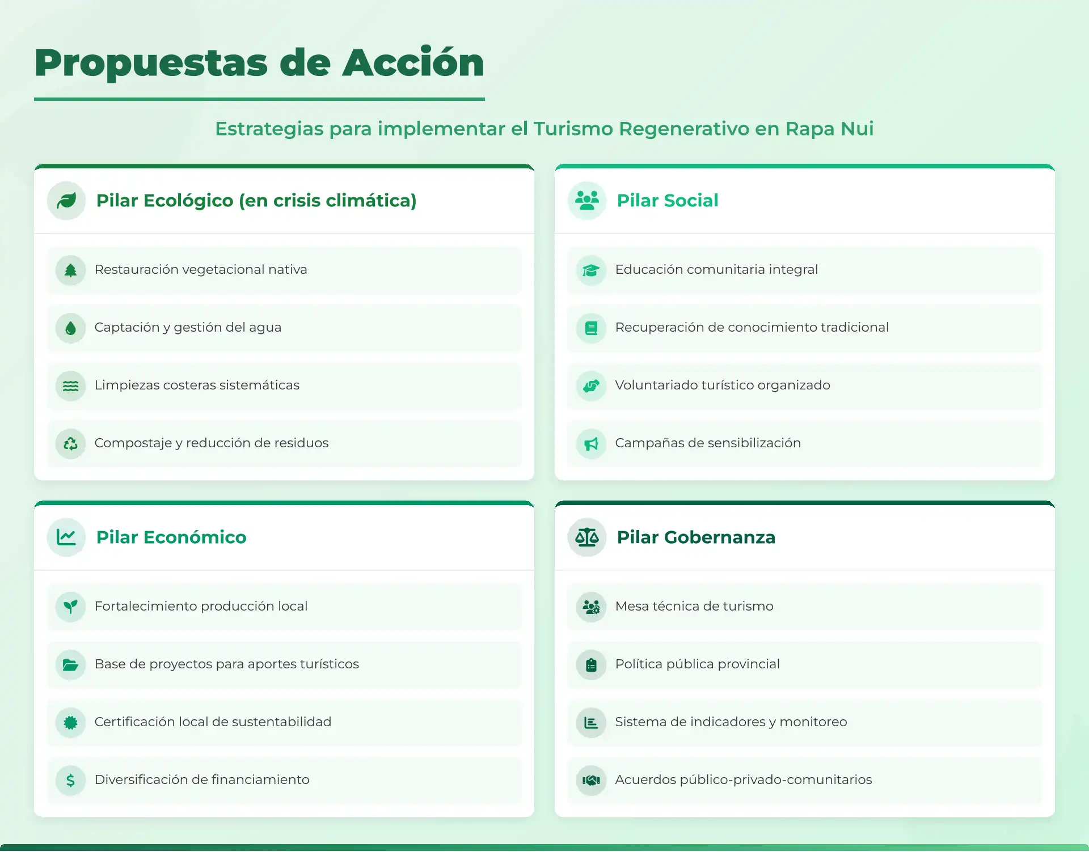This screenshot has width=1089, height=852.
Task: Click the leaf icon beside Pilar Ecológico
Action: click(66, 201)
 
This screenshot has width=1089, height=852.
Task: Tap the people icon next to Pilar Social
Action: click(587, 201)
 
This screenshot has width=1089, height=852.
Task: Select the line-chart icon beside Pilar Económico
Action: click(66, 537)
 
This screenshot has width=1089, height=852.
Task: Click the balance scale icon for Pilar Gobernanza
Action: click(587, 537)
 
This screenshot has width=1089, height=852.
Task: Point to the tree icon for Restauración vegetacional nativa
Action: click(70, 270)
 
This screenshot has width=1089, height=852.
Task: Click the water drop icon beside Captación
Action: click(70, 328)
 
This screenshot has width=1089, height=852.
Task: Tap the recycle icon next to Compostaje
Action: click(70, 443)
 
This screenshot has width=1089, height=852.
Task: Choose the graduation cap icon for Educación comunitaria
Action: click(591, 270)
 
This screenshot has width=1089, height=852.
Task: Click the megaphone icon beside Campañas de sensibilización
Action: click(591, 443)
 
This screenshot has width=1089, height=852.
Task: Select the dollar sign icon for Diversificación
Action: click(70, 781)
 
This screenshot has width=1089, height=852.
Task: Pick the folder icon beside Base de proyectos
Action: click(70, 665)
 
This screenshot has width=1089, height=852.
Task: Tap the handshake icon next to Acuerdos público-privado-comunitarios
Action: click(591, 781)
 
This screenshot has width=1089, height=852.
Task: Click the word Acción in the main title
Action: click(413, 62)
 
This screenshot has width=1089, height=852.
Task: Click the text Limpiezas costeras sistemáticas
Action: click(197, 385)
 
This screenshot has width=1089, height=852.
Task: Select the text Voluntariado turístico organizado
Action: click(723, 385)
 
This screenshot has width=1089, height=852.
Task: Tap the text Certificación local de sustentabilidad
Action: click(213, 722)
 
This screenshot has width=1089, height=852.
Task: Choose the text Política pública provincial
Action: click(698, 664)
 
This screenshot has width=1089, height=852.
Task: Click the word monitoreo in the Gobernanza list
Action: click(813, 722)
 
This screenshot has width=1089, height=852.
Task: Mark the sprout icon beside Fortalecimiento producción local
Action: click(70, 607)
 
